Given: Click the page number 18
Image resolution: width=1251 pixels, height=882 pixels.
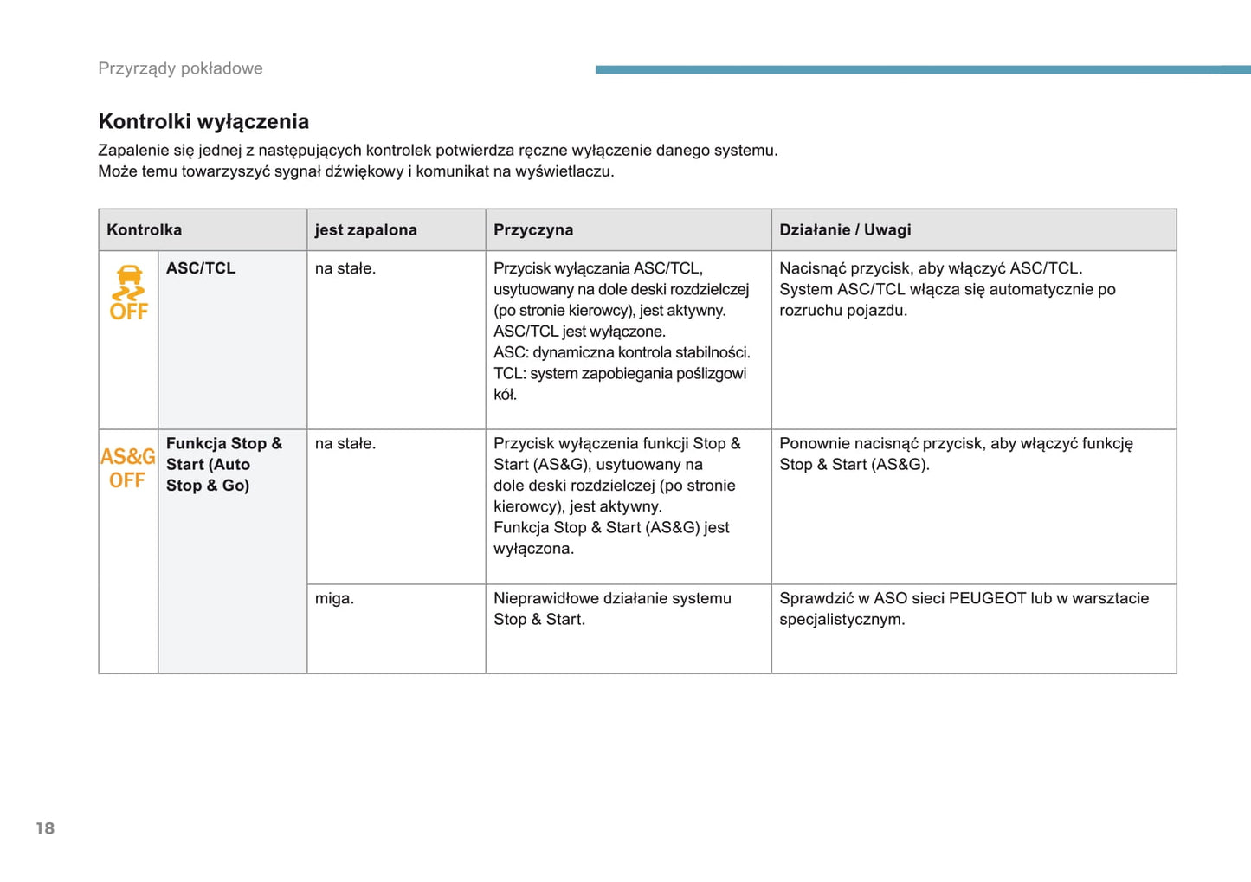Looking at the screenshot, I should click(45, 828).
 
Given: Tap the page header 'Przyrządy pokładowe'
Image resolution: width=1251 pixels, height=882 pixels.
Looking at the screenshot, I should click(180, 68).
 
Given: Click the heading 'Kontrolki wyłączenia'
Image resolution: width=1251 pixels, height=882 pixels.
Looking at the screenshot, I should click(203, 121).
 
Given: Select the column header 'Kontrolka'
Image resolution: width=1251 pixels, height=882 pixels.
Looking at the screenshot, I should click(144, 229).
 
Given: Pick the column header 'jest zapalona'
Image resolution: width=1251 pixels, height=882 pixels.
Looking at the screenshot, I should click(365, 229).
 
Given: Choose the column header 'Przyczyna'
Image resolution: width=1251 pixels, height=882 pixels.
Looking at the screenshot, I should click(533, 229).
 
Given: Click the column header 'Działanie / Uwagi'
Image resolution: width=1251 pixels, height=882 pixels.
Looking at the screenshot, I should click(845, 229).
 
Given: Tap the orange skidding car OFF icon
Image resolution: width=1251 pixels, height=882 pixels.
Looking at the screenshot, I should click(129, 293).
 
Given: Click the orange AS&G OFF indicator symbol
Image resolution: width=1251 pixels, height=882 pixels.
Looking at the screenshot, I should click(127, 467).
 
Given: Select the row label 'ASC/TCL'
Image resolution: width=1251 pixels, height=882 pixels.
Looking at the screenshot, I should click(201, 268).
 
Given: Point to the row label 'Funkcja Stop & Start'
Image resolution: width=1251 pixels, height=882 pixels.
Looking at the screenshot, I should click(223, 464).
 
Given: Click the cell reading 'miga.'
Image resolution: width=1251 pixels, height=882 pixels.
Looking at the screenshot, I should click(334, 598).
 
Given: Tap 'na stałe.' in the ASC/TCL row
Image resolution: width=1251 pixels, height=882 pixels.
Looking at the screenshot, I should click(345, 268).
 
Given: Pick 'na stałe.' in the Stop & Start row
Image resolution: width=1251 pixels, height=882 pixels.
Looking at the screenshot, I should click(345, 443).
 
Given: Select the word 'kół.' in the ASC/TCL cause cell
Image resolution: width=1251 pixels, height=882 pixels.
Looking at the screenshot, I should click(505, 395).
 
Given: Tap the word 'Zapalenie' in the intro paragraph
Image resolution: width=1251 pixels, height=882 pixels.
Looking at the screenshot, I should click(135, 150).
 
